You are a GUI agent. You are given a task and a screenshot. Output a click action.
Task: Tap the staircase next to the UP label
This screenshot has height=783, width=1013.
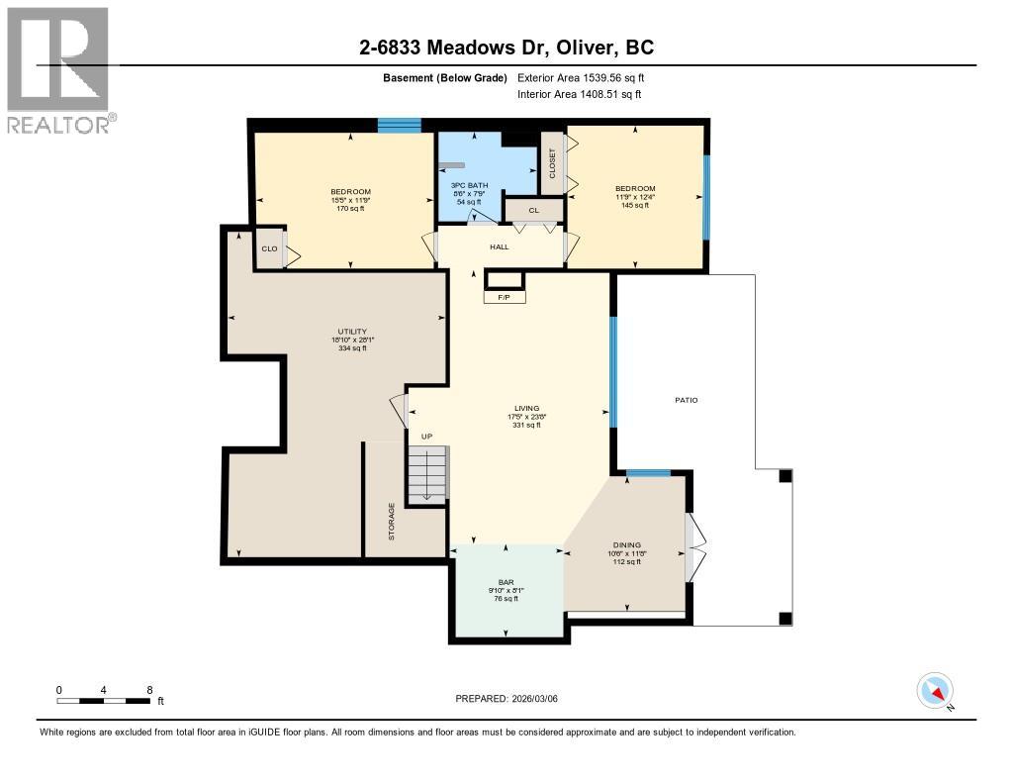point(427,474)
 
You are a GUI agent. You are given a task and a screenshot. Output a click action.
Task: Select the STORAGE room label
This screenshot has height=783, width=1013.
point(392,521)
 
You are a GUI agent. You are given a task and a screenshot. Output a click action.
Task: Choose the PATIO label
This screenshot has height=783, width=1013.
point(687,400)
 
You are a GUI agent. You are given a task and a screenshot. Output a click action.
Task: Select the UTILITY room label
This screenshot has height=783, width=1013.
point(352,332)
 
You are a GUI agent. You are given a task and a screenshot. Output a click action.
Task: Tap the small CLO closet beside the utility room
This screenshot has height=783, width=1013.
point(269,249)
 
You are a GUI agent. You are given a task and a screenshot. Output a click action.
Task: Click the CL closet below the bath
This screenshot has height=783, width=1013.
point(533,210)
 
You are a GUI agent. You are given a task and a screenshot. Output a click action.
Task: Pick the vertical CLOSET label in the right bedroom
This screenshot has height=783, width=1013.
point(552,164)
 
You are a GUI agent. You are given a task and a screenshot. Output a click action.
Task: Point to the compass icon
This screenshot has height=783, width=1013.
point(935,690)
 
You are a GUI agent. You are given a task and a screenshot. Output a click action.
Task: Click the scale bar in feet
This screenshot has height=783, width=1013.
point(104,701)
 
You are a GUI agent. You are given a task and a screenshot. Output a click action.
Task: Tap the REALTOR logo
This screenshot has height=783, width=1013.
point(58,70)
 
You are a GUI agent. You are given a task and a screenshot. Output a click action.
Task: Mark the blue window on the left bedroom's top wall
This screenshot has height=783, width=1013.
point(400,125)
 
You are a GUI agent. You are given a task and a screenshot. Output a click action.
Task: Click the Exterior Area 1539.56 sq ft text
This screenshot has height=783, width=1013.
point(582,77)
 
